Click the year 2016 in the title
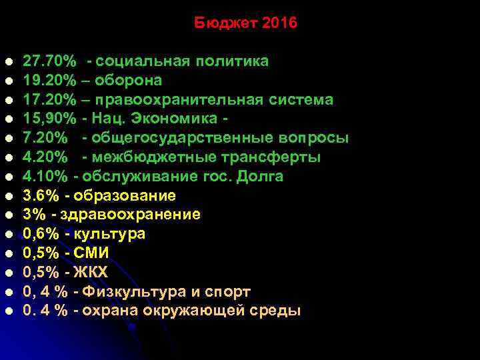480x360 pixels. [280, 23]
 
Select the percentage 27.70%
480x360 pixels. [49, 62]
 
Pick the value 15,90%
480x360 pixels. [49, 119]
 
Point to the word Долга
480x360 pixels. [261, 177]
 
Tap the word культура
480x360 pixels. [109, 234]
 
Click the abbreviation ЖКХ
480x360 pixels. [91, 273]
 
